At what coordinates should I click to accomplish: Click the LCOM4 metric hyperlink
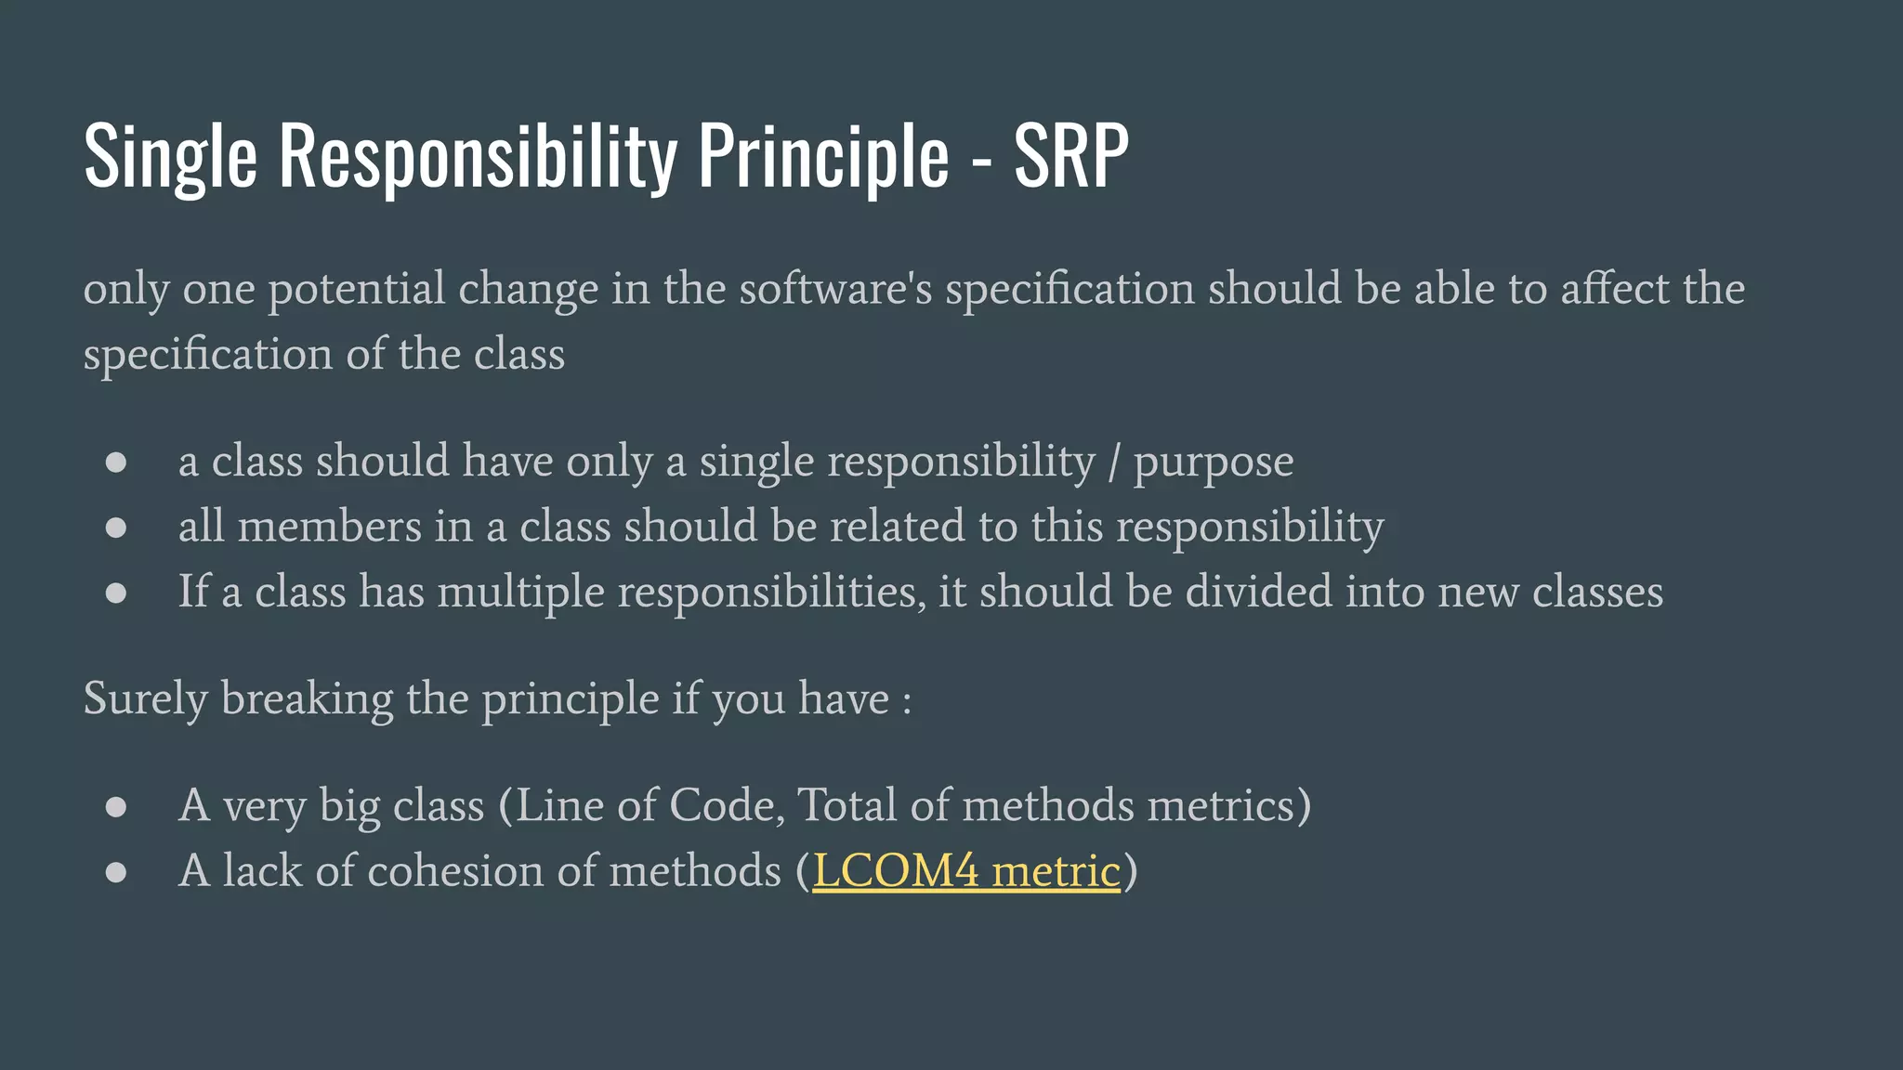coord(966,871)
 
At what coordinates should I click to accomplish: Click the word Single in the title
coord(170,156)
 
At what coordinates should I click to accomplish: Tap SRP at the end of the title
coord(1070,156)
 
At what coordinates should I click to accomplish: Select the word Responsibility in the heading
coord(478,156)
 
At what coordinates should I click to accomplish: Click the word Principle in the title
coord(823,156)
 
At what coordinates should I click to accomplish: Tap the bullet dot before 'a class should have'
coord(116,463)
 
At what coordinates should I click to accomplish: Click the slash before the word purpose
coord(1114,462)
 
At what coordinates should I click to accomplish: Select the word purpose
coord(1213,463)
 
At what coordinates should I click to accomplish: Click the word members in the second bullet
coord(329,527)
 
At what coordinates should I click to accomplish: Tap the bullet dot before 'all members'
coord(116,528)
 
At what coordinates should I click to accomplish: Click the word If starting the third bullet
coord(193,592)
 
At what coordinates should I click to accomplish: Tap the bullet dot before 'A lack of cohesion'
coord(116,872)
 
